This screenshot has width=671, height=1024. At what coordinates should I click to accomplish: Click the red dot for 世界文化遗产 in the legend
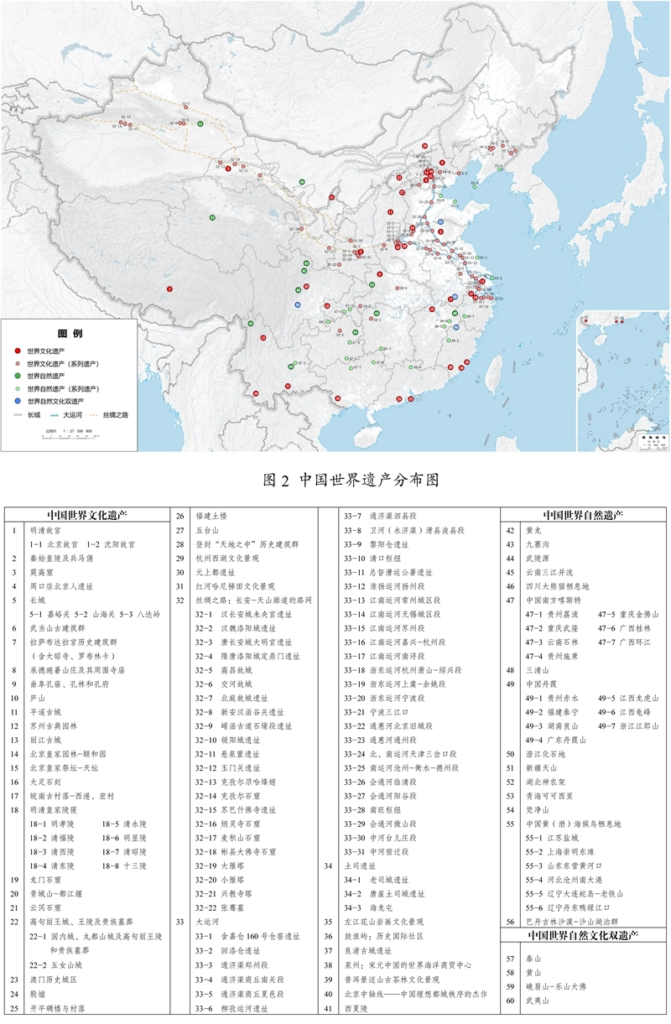(18, 351)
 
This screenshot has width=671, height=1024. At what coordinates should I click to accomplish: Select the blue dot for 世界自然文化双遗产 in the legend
(18, 401)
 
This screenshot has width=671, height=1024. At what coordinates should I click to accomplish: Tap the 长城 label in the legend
(34, 414)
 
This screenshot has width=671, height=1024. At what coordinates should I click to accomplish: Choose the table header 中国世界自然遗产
(584, 516)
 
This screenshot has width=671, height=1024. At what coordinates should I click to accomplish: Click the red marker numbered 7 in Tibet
(169, 289)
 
